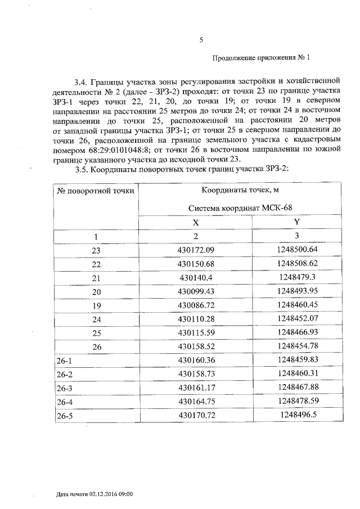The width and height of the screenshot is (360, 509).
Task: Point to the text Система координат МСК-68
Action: [240, 208]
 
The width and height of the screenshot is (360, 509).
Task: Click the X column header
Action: [195, 222]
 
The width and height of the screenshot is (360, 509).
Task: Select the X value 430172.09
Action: [196, 250]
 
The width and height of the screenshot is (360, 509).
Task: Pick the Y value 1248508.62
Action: [298, 263]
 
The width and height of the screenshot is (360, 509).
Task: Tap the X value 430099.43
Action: [196, 291]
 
